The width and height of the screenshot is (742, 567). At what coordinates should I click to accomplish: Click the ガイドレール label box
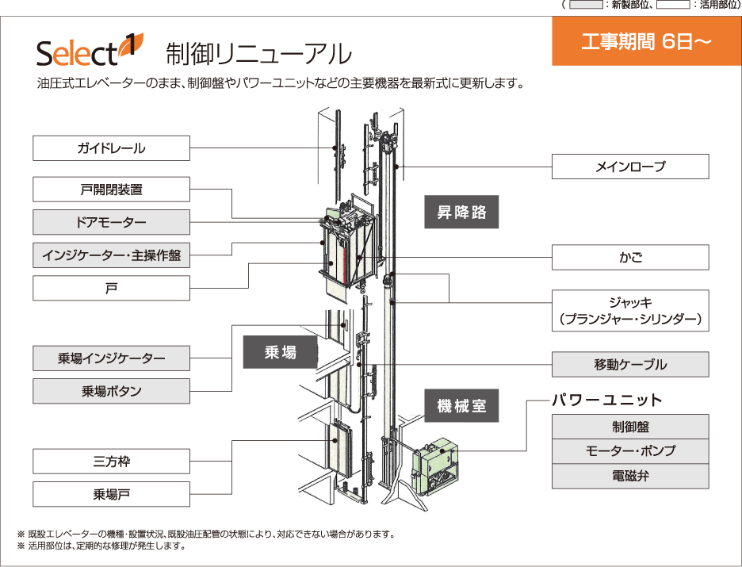[x=111, y=148]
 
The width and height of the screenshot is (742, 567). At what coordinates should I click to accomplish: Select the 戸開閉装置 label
[x=111, y=190]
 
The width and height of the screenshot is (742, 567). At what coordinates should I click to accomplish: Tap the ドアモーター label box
[x=111, y=222]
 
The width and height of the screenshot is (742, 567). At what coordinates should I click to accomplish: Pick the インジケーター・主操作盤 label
[x=111, y=255]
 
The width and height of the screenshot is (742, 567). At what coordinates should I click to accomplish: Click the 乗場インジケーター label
[x=111, y=358]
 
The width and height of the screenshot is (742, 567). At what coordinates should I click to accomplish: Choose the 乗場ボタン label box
[x=111, y=391]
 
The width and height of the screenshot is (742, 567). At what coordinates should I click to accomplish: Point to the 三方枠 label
[x=111, y=461]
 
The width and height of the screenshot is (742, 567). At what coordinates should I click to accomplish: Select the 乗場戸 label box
[x=111, y=494]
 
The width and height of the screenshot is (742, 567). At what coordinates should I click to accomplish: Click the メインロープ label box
[x=630, y=167]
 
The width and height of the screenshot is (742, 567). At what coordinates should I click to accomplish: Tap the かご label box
[x=630, y=258]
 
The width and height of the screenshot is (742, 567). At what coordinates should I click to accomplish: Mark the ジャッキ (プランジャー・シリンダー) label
[x=630, y=311]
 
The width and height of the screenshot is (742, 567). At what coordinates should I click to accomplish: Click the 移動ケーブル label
[x=630, y=365]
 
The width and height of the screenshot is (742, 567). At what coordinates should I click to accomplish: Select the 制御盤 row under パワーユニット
[x=630, y=427]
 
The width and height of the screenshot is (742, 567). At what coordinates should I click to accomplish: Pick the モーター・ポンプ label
[x=630, y=451]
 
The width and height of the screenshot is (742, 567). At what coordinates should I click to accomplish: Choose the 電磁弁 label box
[x=630, y=477]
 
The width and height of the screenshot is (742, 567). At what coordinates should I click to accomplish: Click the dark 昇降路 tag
[x=461, y=213]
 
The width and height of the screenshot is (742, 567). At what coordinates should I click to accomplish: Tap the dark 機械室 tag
[x=461, y=407]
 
